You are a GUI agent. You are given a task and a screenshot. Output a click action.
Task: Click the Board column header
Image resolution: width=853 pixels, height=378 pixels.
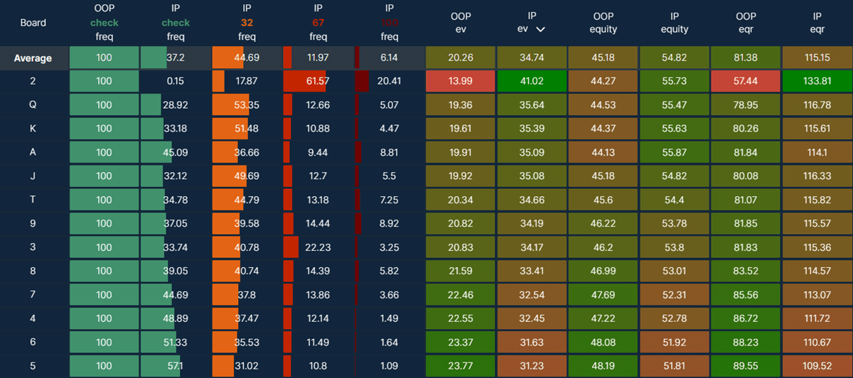pyautogui.click(x=33, y=23)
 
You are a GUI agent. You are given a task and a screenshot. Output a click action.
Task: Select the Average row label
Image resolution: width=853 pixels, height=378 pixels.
pyautogui.click(x=33, y=58)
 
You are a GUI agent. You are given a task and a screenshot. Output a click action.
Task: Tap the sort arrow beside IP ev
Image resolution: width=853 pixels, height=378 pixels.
pyautogui.click(x=541, y=30)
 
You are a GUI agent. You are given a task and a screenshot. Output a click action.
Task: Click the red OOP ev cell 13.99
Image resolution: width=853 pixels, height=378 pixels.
pyautogui.click(x=461, y=81)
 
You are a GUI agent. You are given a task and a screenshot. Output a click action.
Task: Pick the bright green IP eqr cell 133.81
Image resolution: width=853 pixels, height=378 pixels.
pyautogui.click(x=817, y=81)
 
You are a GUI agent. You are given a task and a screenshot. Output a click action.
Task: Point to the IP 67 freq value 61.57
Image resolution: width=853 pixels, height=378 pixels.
pyautogui.click(x=318, y=81)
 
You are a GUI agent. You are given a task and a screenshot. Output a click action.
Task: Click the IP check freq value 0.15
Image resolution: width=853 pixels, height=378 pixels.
pyautogui.click(x=175, y=81)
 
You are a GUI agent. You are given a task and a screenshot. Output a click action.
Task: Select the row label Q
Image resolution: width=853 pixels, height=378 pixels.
pyautogui.click(x=33, y=105)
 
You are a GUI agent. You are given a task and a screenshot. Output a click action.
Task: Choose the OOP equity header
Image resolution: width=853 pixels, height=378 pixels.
pyautogui.click(x=603, y=23)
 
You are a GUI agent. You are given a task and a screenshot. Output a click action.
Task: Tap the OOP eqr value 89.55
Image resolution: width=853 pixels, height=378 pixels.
pyautogui.click(x=746, y=367)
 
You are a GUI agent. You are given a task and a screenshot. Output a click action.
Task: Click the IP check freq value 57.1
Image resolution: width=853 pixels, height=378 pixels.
pyautogui.click(x=175, y=367)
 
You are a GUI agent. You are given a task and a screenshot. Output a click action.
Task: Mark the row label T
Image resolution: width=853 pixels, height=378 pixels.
pyautogui.click(x=33, y=200)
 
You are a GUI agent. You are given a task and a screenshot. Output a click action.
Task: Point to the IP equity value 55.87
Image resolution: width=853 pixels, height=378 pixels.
pyautogui.click(x=674, y=153)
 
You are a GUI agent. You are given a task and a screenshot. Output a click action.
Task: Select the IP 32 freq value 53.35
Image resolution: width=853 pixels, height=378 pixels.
pyautogui.click(x=247, y=105)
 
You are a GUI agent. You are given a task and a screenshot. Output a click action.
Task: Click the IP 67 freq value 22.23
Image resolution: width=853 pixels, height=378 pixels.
pyautogui.click(x=318, y=248)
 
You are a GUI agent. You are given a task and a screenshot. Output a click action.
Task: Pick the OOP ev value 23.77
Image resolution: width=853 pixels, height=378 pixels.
pyautogui.click(x=461, y=367)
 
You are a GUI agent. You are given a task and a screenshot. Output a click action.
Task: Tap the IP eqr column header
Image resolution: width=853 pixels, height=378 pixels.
pyautogui.click(x=817, y=23)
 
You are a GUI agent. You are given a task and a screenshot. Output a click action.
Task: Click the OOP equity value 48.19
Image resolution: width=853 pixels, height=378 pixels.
pyautogui.click(x=603, y=367)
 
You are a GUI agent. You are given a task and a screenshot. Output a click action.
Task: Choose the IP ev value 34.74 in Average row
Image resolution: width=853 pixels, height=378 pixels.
pyautogui.click(x=532, y=58)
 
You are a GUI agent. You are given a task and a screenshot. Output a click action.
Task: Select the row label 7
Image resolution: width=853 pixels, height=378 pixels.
pyautogui.click(x=33, y=296)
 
